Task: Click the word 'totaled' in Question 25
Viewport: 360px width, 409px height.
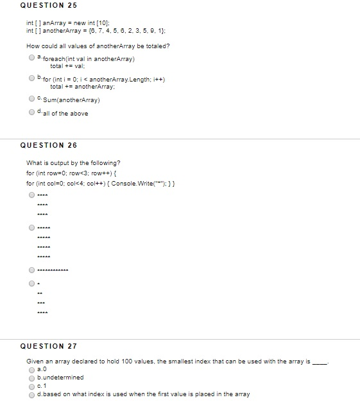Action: (x=157, y=46)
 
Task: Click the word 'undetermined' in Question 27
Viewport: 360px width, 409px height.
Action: (x=63, y=378)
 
